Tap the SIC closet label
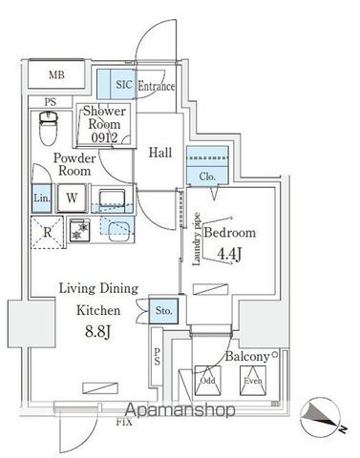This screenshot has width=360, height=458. [125, 86]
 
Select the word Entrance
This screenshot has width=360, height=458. [157, 87]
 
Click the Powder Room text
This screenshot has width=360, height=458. [72, 164]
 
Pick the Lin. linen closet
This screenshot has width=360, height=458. [41, 198]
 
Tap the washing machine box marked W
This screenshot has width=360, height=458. [72, 198]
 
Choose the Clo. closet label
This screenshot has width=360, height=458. [208, 176]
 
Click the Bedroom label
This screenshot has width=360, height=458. [229, 234]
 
